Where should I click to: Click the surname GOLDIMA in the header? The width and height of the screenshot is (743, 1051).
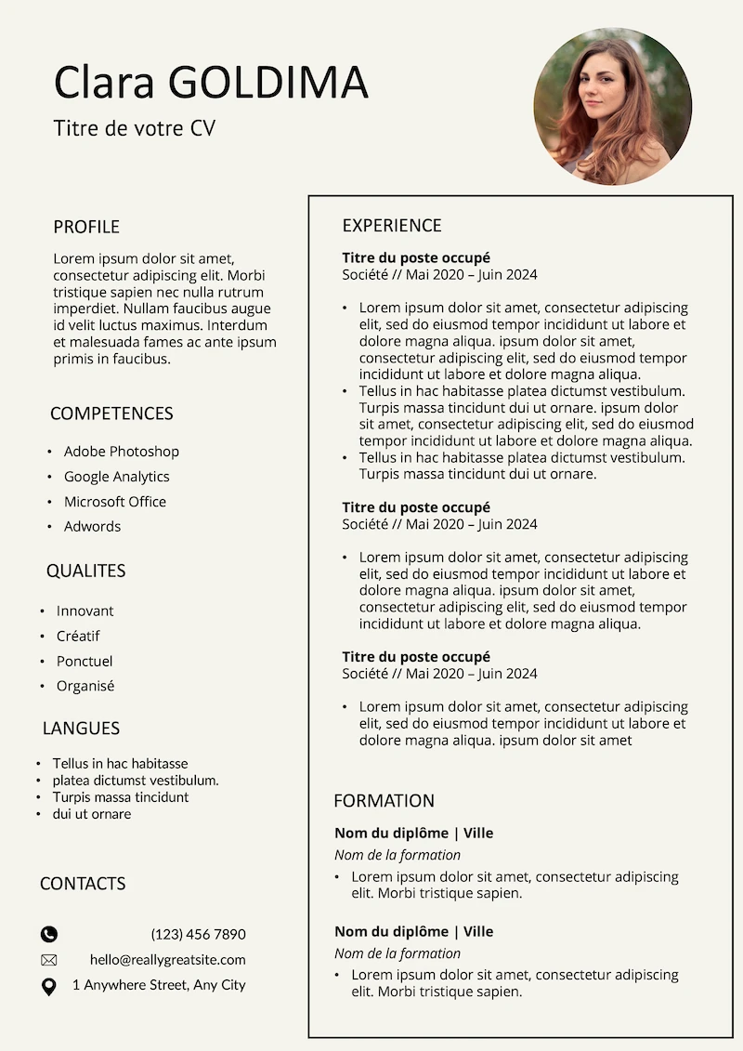(268, 82)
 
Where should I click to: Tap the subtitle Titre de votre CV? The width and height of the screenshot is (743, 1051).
(134, 128)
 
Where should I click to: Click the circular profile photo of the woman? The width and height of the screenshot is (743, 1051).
(612, 106)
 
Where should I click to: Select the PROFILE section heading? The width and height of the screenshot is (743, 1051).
(86, 227)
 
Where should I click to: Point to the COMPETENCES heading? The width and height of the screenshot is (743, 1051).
(111, 414)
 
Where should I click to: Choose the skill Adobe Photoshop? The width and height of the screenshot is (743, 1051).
(121, 452)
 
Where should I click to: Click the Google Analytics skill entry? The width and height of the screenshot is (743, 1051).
(116, 477)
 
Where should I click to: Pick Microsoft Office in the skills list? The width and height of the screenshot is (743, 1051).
(114, 502)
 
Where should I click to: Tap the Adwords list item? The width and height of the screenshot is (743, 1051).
(92, 527)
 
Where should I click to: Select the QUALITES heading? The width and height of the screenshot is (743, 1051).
(85, 571)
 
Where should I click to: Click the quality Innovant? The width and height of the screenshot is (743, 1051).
(85, 611)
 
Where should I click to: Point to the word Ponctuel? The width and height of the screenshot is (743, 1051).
(84, 662)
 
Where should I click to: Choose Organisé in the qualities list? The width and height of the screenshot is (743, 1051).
(85, 687)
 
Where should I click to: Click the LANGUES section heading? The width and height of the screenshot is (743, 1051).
(81, 729)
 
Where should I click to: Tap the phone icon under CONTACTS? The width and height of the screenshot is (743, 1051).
(49, 935)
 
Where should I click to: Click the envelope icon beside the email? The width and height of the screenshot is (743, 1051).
(49, 960)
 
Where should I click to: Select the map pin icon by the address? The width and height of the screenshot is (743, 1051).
(49, 986)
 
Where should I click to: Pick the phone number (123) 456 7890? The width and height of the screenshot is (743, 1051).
(198, 935)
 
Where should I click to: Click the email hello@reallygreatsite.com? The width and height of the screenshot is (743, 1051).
(167, 960)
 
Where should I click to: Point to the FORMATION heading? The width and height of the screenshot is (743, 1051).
(384, 801)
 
